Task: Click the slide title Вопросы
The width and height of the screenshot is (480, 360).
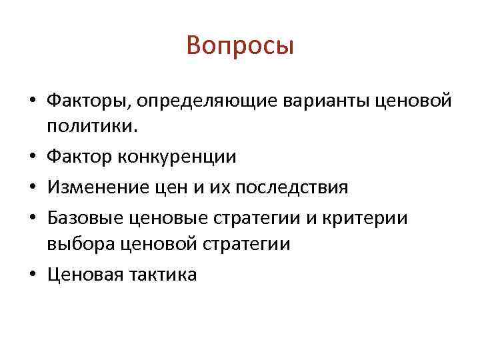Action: click(x=240, y=46)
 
